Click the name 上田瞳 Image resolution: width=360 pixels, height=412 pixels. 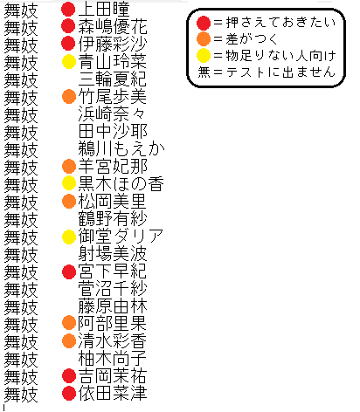click(104, 10)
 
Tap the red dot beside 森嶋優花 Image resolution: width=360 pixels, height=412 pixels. click(68, 26)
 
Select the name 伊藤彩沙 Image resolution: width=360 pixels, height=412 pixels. click(113, 44)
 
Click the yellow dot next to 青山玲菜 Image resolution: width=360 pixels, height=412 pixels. click(69, 62)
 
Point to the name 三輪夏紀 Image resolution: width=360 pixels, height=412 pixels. click(112, 79)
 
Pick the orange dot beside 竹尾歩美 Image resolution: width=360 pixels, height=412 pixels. click(69, 97)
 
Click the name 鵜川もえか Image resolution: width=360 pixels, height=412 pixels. click(121, 149)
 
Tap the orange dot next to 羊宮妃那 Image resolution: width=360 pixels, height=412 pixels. click(69, 166)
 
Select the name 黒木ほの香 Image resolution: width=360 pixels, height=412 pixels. click(121, 184)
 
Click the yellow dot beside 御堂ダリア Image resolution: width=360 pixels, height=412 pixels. click(69, 237)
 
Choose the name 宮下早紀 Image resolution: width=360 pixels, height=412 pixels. click(112, 271)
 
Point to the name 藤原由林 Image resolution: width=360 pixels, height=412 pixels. click(113, 306)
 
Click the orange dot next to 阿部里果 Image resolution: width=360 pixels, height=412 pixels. click(69, 323)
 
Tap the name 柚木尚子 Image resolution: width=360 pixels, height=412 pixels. click(112, 359)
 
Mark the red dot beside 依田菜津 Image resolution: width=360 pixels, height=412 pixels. click(69, 393)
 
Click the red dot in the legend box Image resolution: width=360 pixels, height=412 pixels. click(204, 23)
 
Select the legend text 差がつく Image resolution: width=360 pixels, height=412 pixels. click(252, 39)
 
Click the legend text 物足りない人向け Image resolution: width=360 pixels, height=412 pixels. click(280, 56)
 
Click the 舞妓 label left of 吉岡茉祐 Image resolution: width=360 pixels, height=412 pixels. click(21, 376)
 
